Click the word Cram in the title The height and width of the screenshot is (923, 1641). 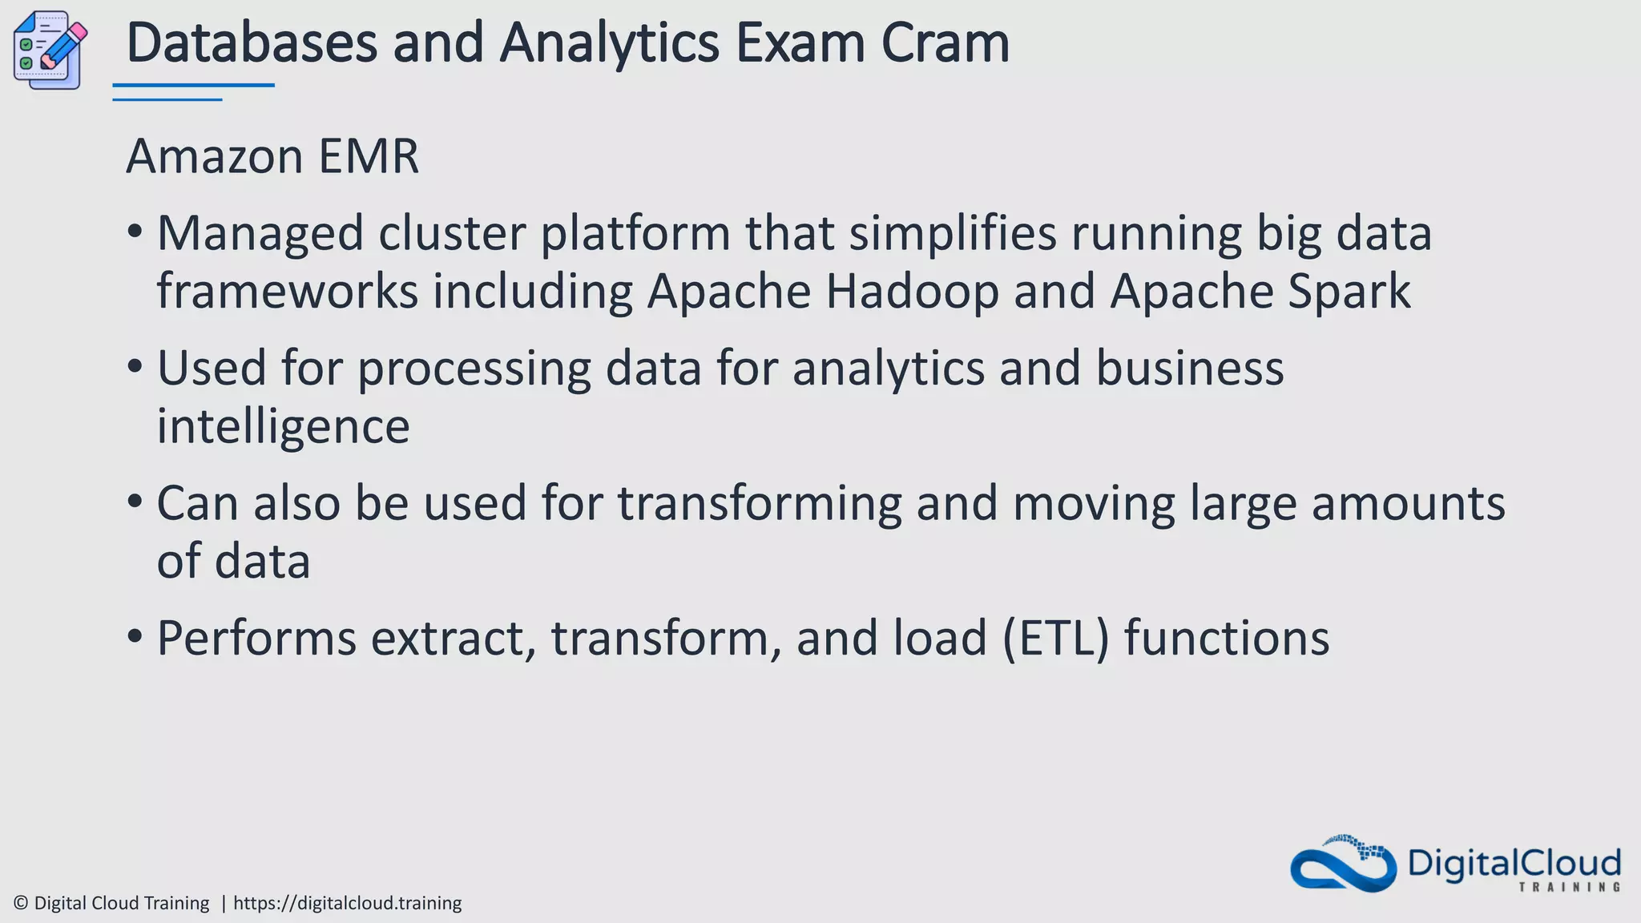(x=945, y=43)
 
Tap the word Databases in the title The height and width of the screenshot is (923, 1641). (x=252, y=43)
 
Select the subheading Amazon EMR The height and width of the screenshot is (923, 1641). (x=272, y=156)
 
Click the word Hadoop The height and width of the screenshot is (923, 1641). (x=912, y=292)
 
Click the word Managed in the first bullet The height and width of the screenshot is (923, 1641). (x=260, y=235)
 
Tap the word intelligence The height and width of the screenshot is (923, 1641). (x=283, y=426)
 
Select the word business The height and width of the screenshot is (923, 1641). (x=1189, y=369)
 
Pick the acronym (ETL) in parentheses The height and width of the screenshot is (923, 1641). (x=1056, y=639)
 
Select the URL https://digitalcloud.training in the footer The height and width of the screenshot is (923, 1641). (x=347, y=904)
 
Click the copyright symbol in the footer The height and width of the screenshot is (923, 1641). (x=22, y=904)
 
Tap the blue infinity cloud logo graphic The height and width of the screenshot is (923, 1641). (x=1343, y=865)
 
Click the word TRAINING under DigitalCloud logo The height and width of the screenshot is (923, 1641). (x=1569, y=887)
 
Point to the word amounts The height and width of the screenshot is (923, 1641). (x=1408, y=504)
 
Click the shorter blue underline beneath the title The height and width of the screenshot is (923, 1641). (x=167, y=100)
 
